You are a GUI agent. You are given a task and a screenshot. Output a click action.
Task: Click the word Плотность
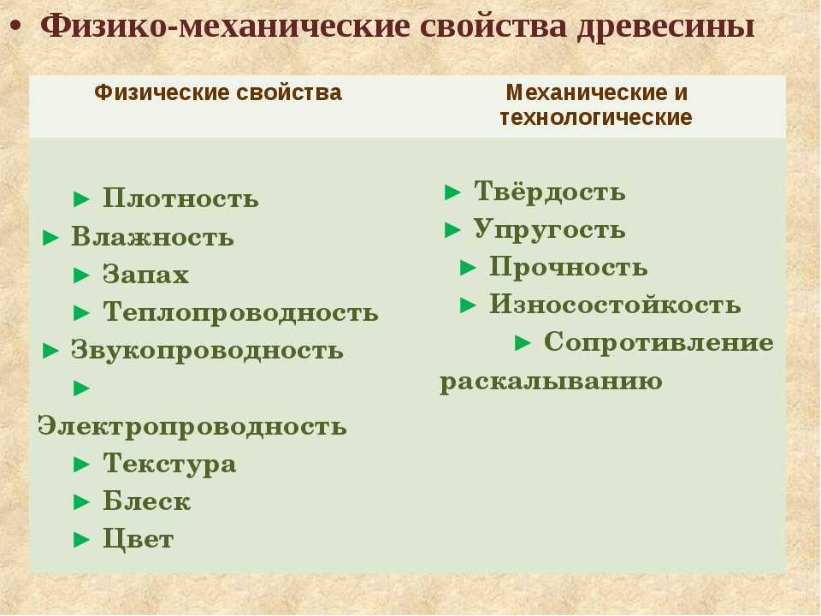[x=180, y=198]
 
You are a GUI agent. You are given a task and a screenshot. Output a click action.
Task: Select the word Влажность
[x=152, y=237]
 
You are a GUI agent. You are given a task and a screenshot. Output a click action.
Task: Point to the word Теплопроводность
[x=240, y=313]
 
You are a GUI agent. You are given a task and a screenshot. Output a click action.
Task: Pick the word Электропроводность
[x=192, y=426]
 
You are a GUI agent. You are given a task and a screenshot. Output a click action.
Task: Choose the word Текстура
[x=169, y=464]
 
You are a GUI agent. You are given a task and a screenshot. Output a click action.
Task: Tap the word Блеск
[x=146, y=501]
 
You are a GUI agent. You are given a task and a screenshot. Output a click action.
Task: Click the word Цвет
[x=139, y=539]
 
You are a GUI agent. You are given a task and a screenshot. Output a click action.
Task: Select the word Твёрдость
[x=549, y=191]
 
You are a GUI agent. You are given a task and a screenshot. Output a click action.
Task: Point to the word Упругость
[x=549, y=230]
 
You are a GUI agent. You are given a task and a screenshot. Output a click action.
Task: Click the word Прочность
[x=568, y=267]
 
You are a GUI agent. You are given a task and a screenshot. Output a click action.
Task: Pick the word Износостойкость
[x=615, y=305]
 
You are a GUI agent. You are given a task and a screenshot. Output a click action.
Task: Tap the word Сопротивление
[x=659, y=342]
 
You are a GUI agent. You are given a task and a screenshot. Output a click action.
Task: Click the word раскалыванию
[x=551, y=381]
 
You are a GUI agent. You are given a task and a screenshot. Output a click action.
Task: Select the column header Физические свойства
[x=218, y=93]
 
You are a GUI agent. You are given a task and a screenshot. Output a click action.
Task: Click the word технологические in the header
[x=596, y=117]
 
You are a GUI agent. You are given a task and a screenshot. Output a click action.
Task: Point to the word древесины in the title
[x=665, y=27]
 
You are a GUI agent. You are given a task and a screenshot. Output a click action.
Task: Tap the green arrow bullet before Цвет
[x=82, y=540]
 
